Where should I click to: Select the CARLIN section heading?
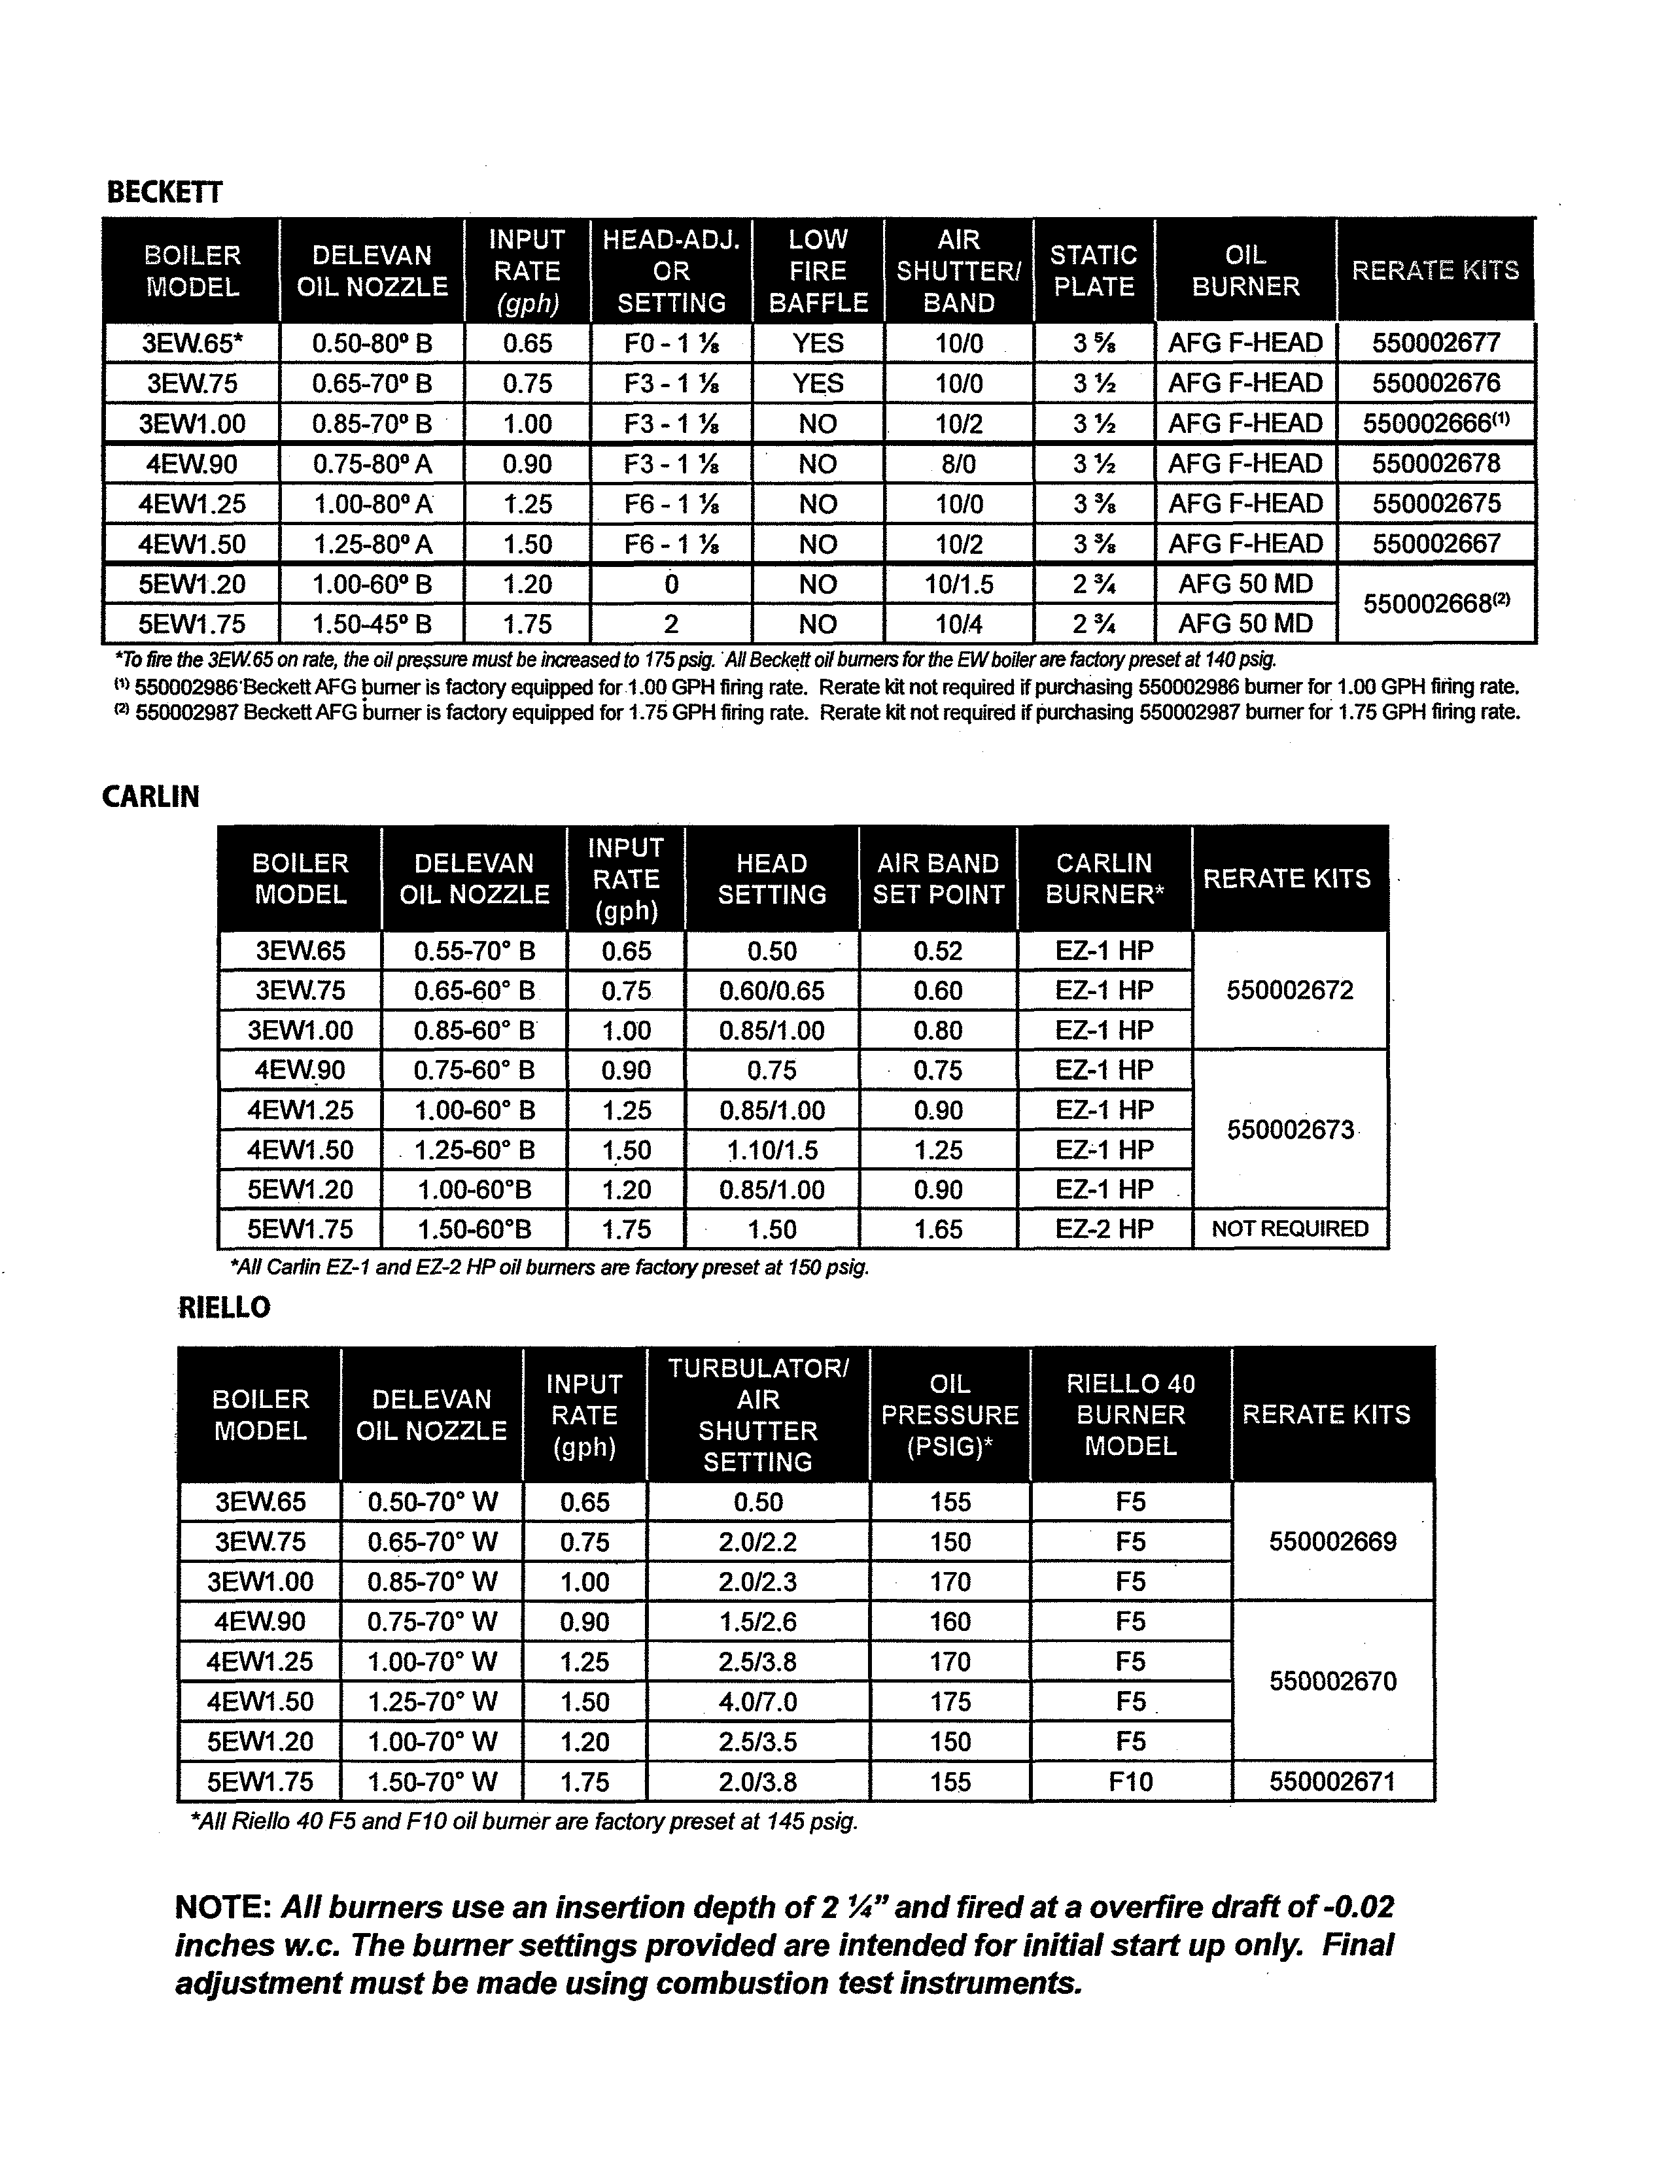tap(150, 796)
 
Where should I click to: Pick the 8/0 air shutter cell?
tap(958, 464)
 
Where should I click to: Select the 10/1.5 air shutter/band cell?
tap(958, 584)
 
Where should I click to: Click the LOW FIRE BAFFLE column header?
tap(818, 271)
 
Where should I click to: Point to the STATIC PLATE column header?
tap(1093, 271)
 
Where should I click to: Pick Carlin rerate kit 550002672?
tap(1289, 990)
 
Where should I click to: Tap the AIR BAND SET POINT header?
tap(938, 878)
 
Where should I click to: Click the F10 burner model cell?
tap(1130, 1781)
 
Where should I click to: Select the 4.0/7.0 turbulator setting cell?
tap(758, 1702)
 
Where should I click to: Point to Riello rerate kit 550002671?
tap(1332, 1781)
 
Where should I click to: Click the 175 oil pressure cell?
tap(950, 1702)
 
